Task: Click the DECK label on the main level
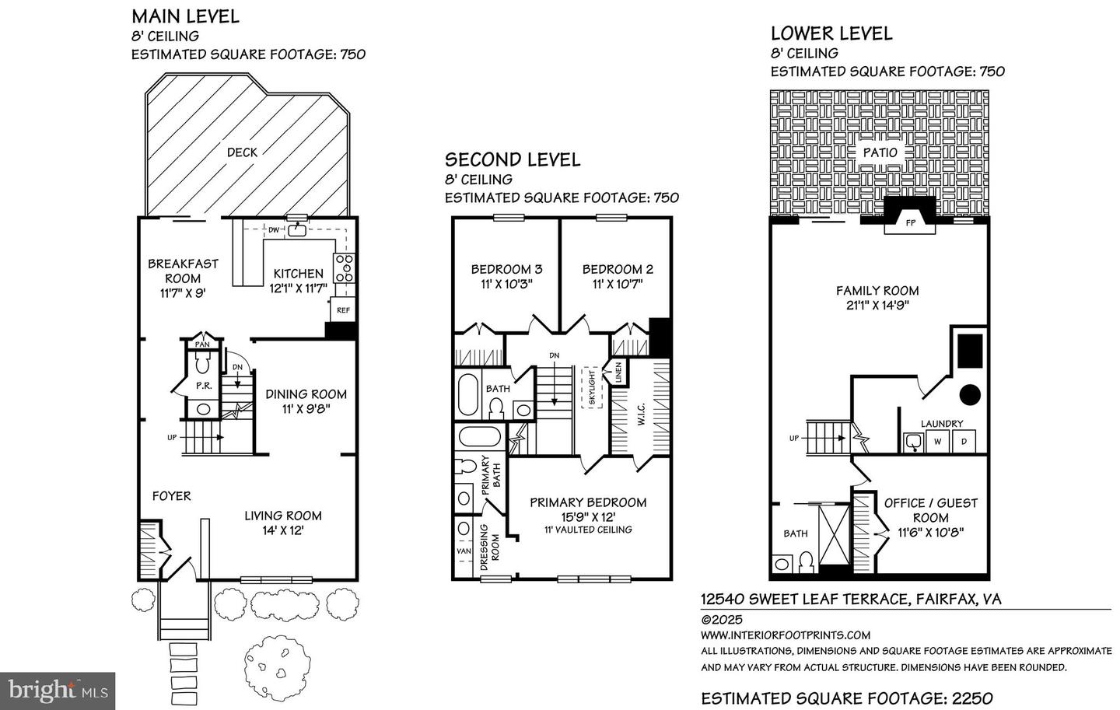point(242,152)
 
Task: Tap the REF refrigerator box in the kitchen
point(343,310)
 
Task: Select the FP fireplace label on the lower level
point(911,222)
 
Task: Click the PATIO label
point(880,152)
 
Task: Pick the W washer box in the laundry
point(937,442)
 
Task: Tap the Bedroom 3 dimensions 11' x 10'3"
point(506,285)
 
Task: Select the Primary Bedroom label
point(588,502)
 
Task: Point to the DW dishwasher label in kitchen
point(274,229)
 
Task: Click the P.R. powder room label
point(204,386)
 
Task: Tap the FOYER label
point(171,495)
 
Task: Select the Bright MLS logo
point(58,690)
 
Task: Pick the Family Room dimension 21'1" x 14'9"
point(877,305)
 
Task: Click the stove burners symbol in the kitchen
point(345,268)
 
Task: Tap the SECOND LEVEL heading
point(513,159)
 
